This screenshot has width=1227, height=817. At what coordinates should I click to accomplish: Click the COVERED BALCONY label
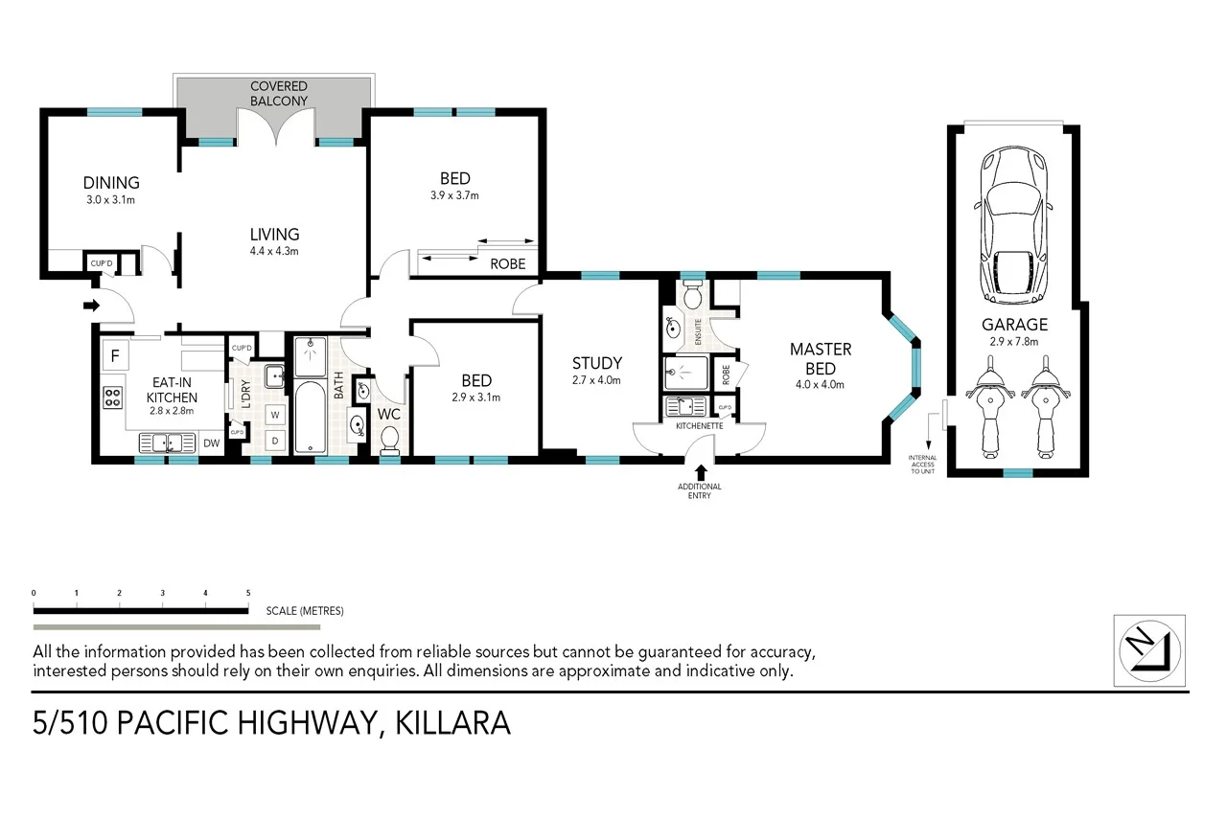click(278, 93)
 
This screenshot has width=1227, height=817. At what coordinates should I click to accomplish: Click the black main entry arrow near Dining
click(92, 306)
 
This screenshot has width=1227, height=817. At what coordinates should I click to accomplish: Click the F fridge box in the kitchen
click(115, 356)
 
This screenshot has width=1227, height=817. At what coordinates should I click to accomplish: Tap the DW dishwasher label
click(212, 443)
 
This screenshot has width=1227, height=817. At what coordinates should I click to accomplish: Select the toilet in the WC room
click(390, 439)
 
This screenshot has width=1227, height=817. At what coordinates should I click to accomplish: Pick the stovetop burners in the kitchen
click(113, 396)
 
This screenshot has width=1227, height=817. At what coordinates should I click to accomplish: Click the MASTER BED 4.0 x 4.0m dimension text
click(820, 385)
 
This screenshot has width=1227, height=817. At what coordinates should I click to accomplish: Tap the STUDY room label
click(596, 363)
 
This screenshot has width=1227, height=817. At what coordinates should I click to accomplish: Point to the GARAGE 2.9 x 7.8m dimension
click(1014, 341)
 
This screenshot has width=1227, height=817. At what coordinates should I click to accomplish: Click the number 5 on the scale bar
click(248, 594)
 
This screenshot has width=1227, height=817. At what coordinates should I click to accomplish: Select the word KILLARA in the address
click(452, 723)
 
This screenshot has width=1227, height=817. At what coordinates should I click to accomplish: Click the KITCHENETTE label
click(699, 424)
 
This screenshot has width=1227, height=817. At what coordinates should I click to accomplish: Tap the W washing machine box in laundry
click(276, 415)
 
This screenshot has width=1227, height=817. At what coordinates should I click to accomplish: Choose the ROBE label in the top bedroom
click(507, 263)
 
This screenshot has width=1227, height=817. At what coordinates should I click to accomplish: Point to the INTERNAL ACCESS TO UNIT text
click(921, 464)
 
